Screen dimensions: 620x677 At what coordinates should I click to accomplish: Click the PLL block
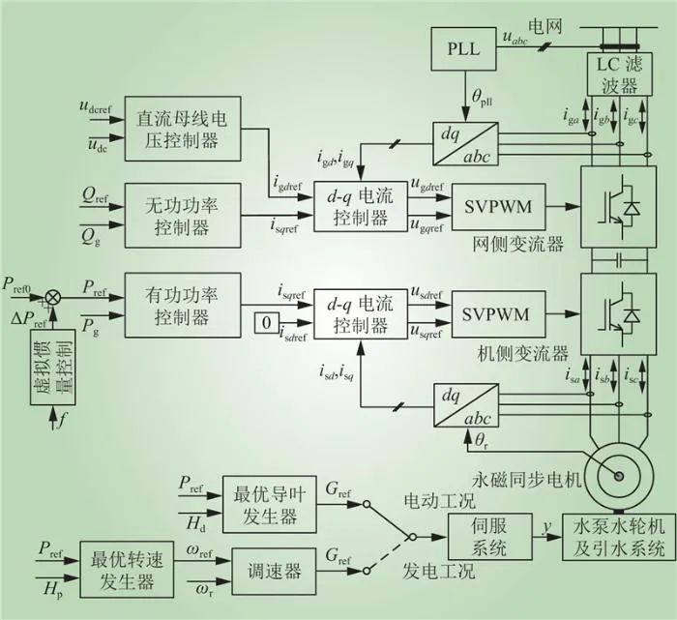463,49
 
